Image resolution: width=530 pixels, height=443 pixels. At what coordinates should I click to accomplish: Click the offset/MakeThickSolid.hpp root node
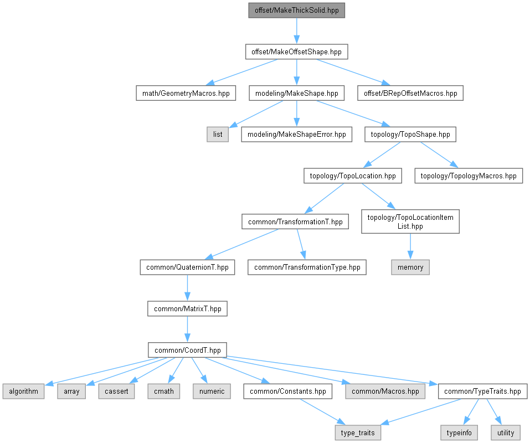[x=297, y=11]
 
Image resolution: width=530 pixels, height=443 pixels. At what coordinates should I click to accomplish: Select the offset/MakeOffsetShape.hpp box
[x=297, y=52]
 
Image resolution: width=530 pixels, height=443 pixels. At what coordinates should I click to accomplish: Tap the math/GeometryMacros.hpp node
[x=186, y=93]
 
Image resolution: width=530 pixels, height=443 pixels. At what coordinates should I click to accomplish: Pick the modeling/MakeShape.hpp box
[x=297, y=93]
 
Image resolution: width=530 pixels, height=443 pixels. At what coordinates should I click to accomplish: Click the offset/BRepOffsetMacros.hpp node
[x=410, y=93]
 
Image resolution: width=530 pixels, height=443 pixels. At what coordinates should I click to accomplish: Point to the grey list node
[x=218, y=135]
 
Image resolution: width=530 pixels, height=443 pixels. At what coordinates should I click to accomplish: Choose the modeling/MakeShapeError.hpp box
[x=296, y=135]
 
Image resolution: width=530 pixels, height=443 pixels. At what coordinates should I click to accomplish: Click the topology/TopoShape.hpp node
[x=410, y=135]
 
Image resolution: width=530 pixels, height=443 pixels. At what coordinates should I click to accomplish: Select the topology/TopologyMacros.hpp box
[x=469, y=176]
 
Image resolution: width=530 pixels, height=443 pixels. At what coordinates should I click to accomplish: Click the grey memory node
[x=410, y=267]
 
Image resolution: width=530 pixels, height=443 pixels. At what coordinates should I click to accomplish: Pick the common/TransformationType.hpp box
[x=307, y=267]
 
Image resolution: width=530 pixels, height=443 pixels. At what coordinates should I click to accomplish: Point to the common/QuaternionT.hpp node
[x=187, y=267]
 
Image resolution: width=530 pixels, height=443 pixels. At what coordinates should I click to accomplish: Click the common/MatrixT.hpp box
[x=187, y=308]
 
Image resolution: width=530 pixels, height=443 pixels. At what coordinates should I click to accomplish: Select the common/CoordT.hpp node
[x=187, y=350]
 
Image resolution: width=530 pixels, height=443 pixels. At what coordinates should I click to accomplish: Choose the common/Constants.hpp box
[x=288, y=391]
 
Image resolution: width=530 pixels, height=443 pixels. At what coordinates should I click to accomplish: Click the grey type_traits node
[x=358, y=432]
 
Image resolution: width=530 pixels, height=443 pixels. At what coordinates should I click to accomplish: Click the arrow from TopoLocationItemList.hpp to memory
[x=410, y=246]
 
